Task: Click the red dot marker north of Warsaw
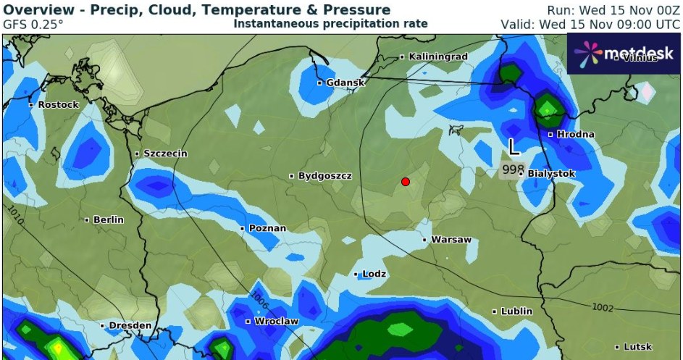point(406,181)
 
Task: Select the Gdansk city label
point(345,83)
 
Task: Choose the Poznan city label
point(267,228)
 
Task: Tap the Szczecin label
point(166,154)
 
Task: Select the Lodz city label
point(374,274)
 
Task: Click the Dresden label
point(130,326)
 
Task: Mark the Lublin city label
point(516,311)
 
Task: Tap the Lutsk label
point(637,347)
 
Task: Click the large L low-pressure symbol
point(514,148)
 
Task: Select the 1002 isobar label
point(603,307)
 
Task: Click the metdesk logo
point(624,53)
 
